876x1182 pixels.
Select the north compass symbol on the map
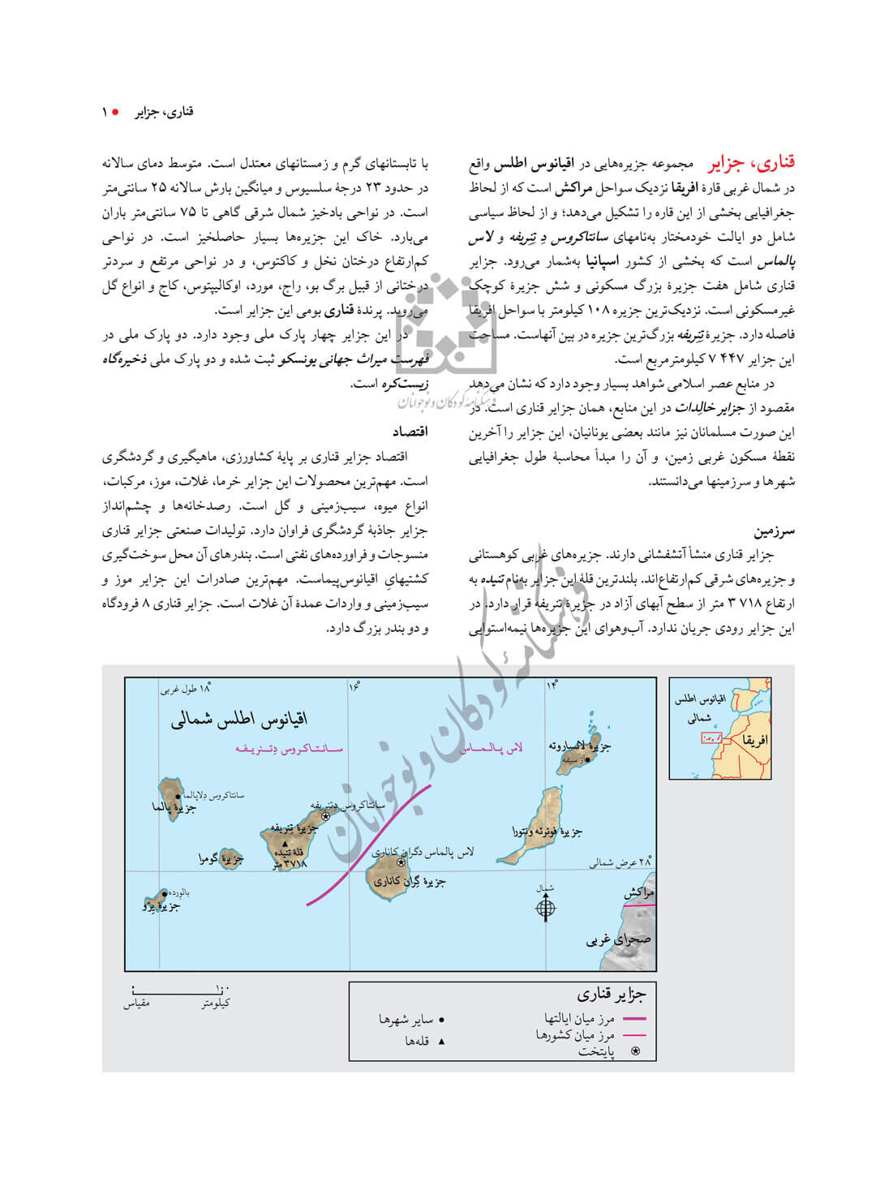[x=546, y=908]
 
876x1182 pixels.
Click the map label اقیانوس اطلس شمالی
[x=238, y=719]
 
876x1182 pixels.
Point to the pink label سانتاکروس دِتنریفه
[x=289, y=750]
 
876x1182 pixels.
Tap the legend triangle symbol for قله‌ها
[x=441, y=1041]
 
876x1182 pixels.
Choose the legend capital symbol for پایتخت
[x=635, y=1051]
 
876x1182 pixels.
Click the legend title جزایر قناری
[x=612, y=995]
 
